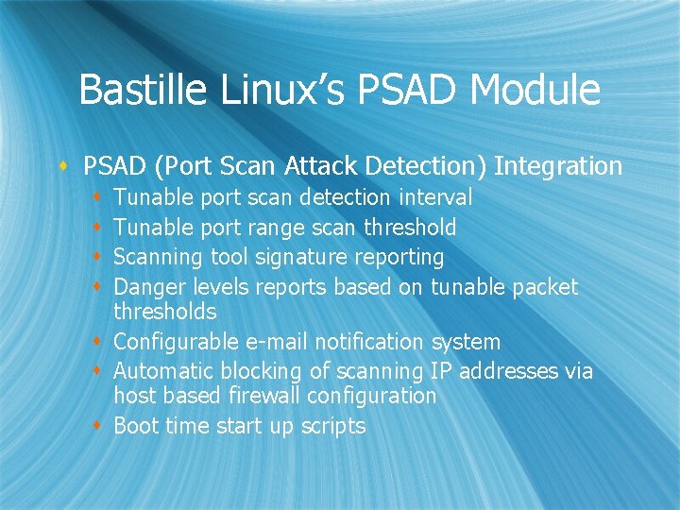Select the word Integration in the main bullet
tap(558, 167)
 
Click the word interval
tap(435, 197)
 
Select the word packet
tap(545, 286)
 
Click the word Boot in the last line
tap(136, 426)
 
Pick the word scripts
tap(333, 427)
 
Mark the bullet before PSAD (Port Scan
tap(64, 167)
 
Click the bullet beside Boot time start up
tap(99, 426)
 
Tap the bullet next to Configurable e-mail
tap(99, 342)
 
